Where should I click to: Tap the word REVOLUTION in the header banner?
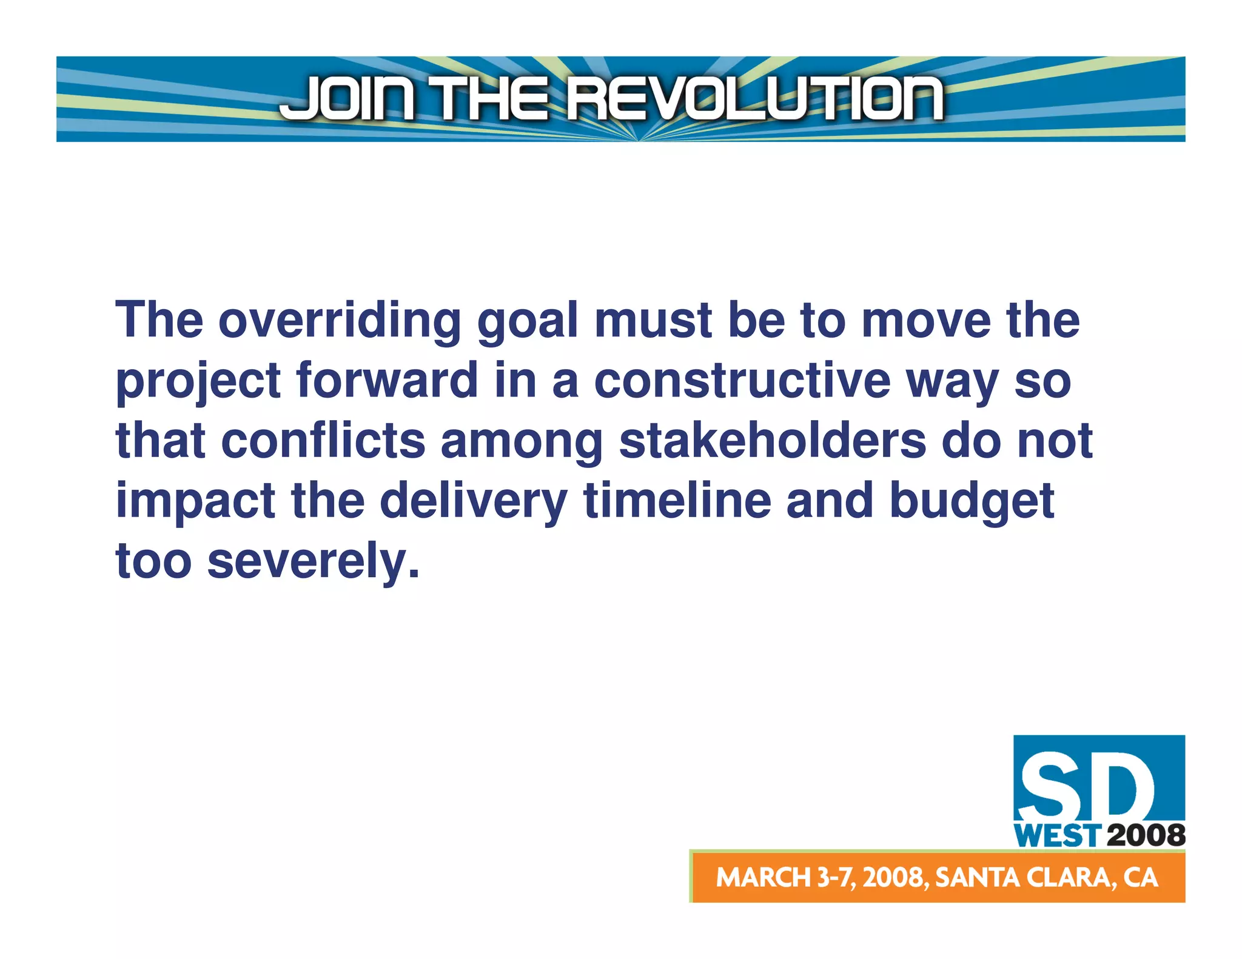click(x=755, y=98)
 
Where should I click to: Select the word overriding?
click(x=340, y=321)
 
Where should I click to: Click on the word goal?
click(x=527, y=321)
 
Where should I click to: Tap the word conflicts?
click(x=323, y=441)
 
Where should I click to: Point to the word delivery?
click(x=473, y=502)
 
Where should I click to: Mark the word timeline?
click(x=677, y=501)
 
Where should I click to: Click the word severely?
click(x=313, y=561)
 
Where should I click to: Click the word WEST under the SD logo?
click(x=1056, y=836)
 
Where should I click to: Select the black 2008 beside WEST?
click(x=1145, y=836)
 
